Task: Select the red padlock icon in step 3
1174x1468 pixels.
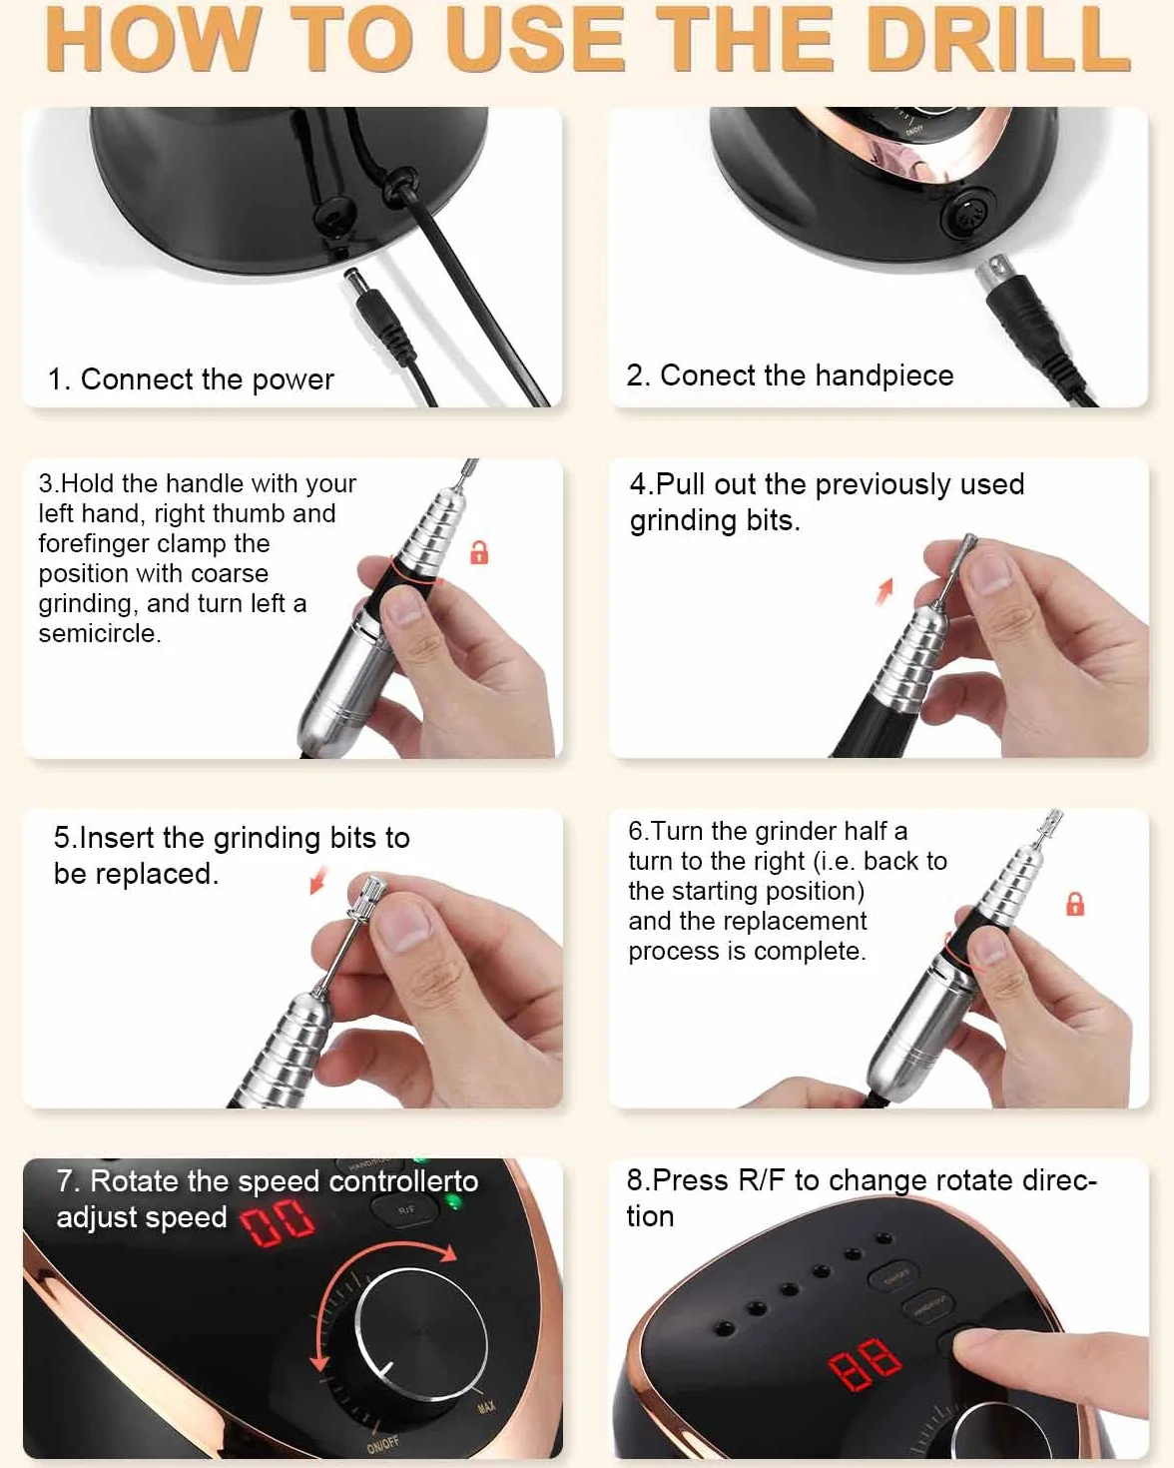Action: tap(479, 552)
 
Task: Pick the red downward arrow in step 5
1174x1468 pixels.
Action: tap(318, 879)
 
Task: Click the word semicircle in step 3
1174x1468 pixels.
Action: tap(100, 634)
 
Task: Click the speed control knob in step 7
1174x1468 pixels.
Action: tap(421, 1334)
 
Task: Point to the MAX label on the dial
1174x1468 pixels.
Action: tap(486, 1407)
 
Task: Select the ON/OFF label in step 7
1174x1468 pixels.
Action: tap(382, 1445)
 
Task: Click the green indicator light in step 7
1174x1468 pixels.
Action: tap(451, 1202)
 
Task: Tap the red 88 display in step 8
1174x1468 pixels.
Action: tap(865, 1363)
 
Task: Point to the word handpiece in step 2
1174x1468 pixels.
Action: tap(884, 375)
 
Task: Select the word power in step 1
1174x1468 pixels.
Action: tap(293, 380)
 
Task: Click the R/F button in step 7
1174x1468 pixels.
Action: tap(406, 1209)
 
